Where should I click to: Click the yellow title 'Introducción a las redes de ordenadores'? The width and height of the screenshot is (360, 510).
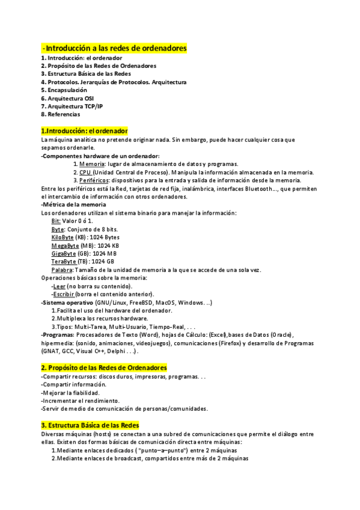point(115,48)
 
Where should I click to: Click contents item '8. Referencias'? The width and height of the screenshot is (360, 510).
point(60,114)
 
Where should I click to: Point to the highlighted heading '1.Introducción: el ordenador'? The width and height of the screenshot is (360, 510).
point(84,131)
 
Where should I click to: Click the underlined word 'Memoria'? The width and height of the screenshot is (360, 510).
point(92,164)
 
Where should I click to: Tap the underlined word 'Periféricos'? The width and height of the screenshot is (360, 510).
point(96,180)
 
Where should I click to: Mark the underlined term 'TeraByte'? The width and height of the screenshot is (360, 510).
point(64,262)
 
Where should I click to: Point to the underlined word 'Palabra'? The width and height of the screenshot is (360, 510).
point(63,269)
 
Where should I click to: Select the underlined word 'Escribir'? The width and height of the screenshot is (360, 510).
point(67,294)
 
